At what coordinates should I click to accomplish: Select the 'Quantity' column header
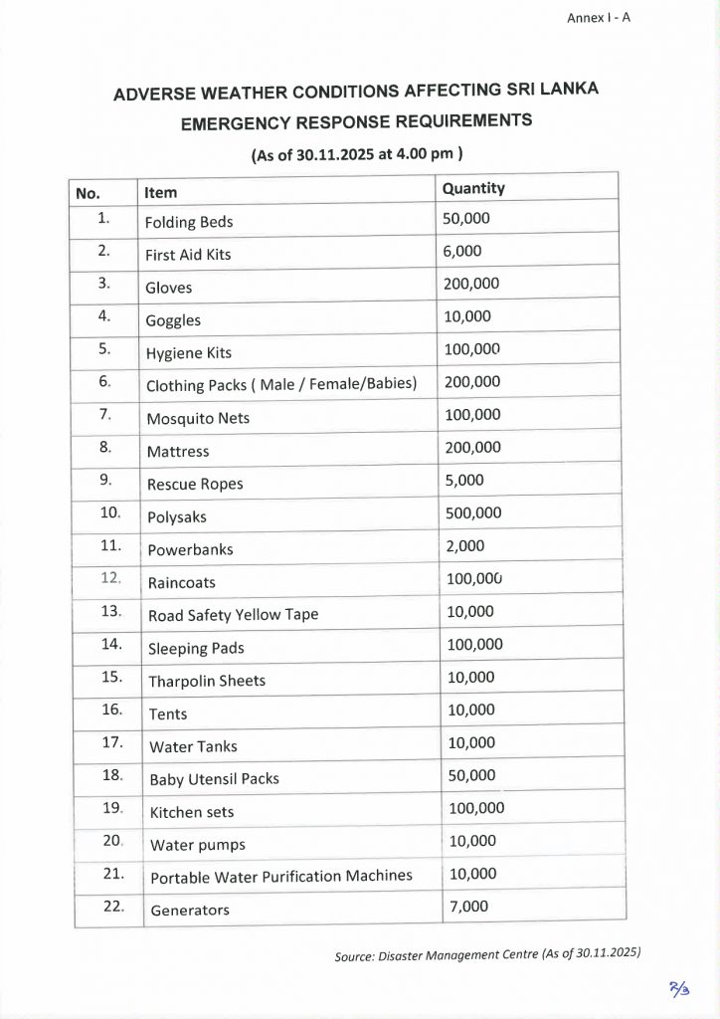pyautogui.click(x=473, y=188)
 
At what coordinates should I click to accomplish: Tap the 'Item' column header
pyautogui.click(x=161, y=192)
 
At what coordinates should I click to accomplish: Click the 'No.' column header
pyautogui.click(x=89, y=193)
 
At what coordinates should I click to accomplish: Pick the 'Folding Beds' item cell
pyautogui.click(x=189, y=222)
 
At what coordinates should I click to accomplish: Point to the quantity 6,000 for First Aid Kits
pyautogui.click(x=462, y=251)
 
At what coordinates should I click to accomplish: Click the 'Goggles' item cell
pyautogui.click(x=173, y=320)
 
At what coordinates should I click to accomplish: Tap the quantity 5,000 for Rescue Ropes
pyautogui.click(x=463, y=480)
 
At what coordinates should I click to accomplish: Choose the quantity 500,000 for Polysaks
pyautogui.click(x=472, y=513)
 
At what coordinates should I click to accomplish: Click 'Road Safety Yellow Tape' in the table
pyautogui.click(x=233, y=615)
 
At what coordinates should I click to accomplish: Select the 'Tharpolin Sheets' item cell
pyautogui.click(x=207, y=682)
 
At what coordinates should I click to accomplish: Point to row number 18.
pyautogui.click(x=111, y=774)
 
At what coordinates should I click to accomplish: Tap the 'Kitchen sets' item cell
pyautogui.click(x=192, y=812)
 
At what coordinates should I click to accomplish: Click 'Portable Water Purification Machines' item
pyautogui.click(x=280, y=877)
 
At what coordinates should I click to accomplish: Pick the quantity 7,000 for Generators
pyautogui.click(x=468, y=906)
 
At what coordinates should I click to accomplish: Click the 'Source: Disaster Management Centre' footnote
pyautogui.click(x=487, y=954)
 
